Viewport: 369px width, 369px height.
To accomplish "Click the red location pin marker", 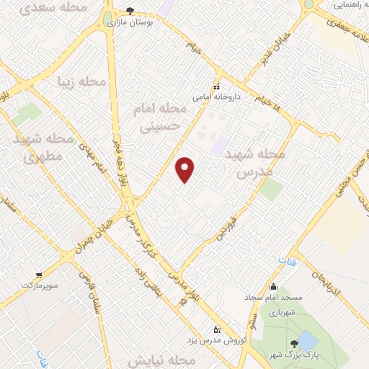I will pyautogui.click(x=185, y=169).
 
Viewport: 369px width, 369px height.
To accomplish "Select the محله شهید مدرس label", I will pyautogui.click(x=261, y=164).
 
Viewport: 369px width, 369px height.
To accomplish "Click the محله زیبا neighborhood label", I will pyautogui.click(x=81, y=81).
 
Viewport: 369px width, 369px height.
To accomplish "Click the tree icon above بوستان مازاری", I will pyautogui.click(x=130, y=10).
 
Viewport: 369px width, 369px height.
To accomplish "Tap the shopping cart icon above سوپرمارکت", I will pyautogui.click(x=37, y=274).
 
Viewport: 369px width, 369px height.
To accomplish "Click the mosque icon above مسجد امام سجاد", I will pyautogui.click(x=272, y=285).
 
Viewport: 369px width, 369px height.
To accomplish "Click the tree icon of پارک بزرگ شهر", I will pyautogui.click(x=293, y=344).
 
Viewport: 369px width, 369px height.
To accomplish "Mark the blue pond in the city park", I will pyautogui.click(x=308, y=339).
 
